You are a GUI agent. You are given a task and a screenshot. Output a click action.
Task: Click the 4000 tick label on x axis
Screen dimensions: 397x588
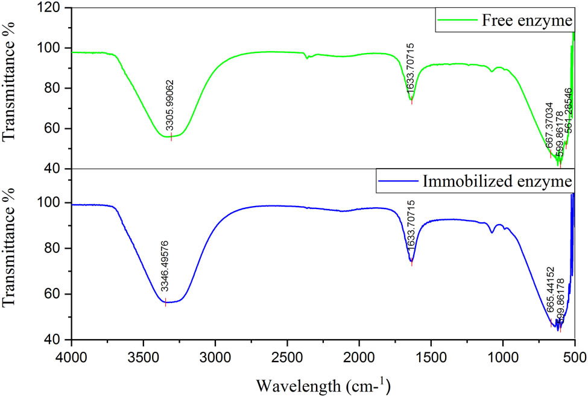tap(71, 356)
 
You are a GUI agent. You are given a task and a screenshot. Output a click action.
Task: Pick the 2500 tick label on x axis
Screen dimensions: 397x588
tap(287, 356)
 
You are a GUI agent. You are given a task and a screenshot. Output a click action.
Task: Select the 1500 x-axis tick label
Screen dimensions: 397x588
tap(431, 356)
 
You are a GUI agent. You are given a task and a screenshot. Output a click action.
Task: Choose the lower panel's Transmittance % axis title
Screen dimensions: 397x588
tap(10, 254)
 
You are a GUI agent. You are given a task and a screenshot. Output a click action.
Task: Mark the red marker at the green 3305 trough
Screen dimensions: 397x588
tap(171, 137)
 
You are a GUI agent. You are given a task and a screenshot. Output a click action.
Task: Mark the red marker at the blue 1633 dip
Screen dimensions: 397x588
tap(412, 262)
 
